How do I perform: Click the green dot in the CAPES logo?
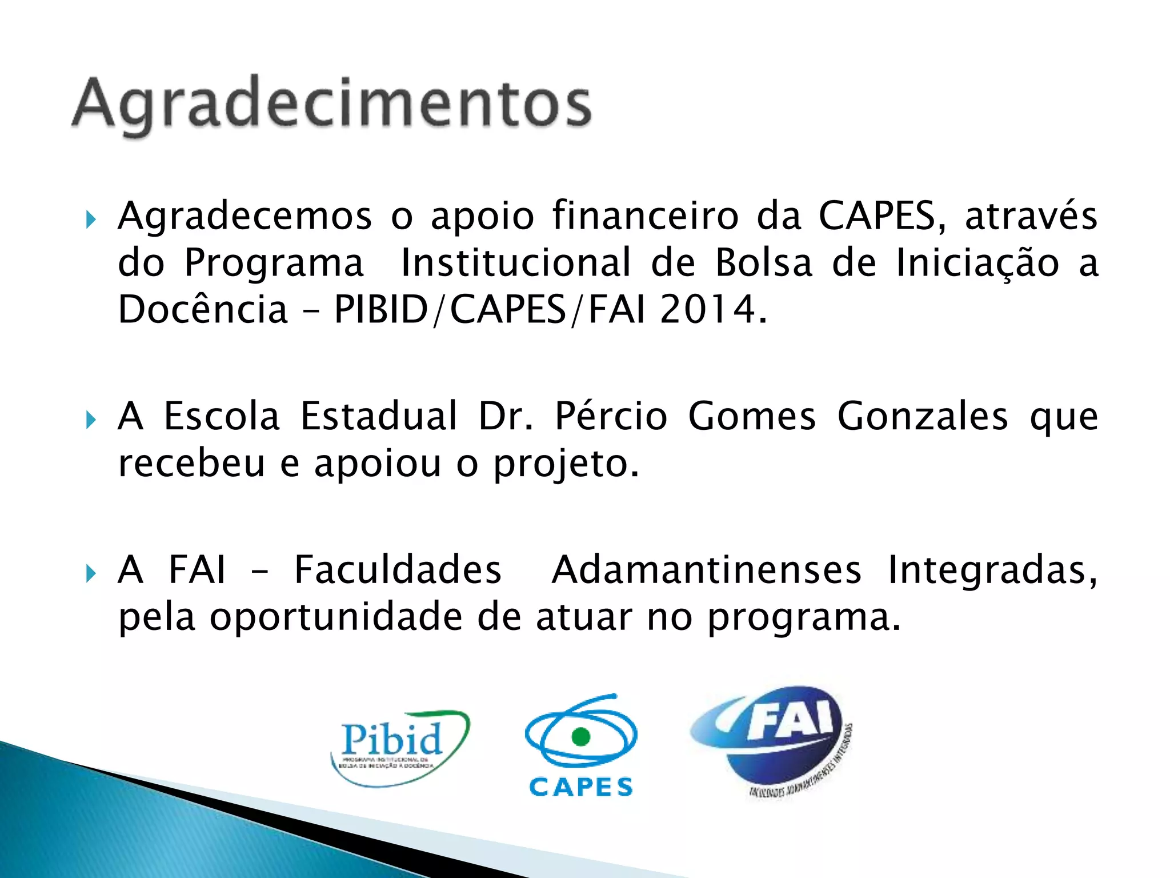[580, 736]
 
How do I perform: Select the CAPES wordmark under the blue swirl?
[581, 787]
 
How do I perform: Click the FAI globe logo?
[771, 740]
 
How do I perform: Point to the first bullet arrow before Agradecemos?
[90, 219]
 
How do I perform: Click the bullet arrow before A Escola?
[90, 420]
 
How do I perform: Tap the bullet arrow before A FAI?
[90, 573]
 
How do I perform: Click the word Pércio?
[611, 416]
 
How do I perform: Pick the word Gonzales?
[922, 416]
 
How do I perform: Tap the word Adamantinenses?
[706, 570]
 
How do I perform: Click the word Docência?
[203, 310]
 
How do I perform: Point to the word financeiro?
[645, 216]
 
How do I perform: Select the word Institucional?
[516, 263]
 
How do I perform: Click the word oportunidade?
[336, 617]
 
